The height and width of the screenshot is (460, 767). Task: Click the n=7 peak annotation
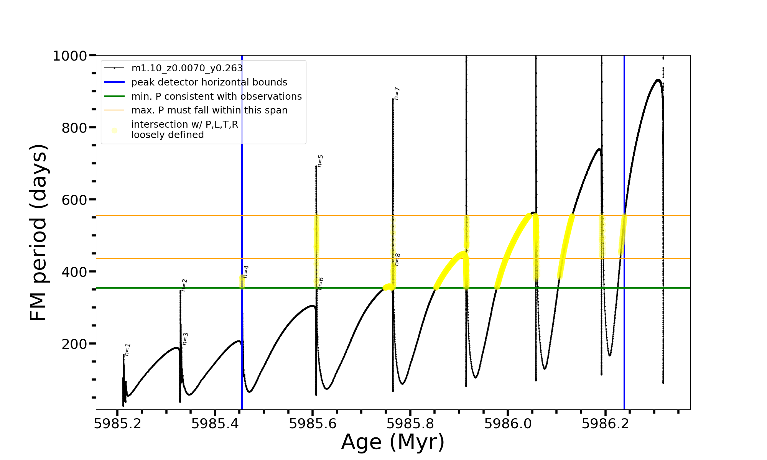(397, 94)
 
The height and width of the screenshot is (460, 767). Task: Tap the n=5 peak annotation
(320, 161)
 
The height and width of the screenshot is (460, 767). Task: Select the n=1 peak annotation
(127, 350)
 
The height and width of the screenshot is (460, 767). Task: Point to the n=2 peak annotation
(184, 285)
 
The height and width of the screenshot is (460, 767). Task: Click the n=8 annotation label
(397, 260)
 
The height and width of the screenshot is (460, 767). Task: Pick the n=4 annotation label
(246, 272)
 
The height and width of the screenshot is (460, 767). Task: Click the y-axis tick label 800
(74, 128)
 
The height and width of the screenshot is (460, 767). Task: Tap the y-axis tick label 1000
(69, 56)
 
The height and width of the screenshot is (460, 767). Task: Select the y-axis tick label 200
(74, 344)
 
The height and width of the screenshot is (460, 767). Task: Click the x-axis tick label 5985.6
(313, 424)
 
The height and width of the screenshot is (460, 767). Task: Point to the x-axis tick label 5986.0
(508, 424)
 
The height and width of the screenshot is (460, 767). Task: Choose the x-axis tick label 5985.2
(118, 424)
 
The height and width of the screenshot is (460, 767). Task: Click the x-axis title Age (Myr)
(393, 442)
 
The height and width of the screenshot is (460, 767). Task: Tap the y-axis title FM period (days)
(38, 232)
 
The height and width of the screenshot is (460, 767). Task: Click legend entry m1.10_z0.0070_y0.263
(187, 68)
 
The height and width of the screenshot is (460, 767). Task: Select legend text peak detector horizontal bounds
(209, 82)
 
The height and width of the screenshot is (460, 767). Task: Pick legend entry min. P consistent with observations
(216, 96)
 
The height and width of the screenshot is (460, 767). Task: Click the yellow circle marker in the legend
(114, 130)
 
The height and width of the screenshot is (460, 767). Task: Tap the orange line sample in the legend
(114, 110)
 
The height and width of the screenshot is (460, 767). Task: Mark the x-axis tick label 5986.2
(605, 424)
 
